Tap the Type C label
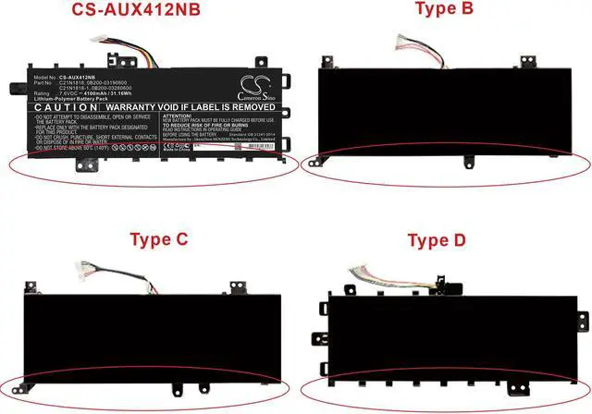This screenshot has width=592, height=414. coord(157,239)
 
